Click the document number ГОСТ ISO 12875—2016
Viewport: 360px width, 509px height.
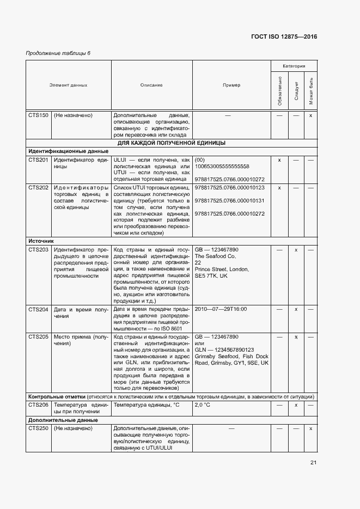click(283, 36)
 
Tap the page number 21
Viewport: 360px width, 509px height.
click(313, 463)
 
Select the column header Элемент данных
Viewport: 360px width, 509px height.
click(68, 85)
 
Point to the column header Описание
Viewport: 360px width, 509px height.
click(151, 85)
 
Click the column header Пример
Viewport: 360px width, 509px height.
click(231, 85)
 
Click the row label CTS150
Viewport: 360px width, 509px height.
click(38, 115)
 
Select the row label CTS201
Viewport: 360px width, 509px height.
click(38, 160)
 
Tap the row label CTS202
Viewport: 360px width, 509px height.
click(38, 187)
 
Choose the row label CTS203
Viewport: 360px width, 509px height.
click(38, 249)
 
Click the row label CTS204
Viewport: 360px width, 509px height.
click(38, 309)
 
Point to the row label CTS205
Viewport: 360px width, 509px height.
click(38, 337)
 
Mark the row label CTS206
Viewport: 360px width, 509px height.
click(38, 406)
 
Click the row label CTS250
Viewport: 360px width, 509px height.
click(38, 429)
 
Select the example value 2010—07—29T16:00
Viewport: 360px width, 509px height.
click(221, 309)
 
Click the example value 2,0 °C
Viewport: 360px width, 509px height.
click(203, 406)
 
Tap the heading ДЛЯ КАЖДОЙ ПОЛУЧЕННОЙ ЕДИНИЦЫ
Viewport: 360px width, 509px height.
click(172, 143)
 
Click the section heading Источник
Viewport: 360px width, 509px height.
click(41, 241)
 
